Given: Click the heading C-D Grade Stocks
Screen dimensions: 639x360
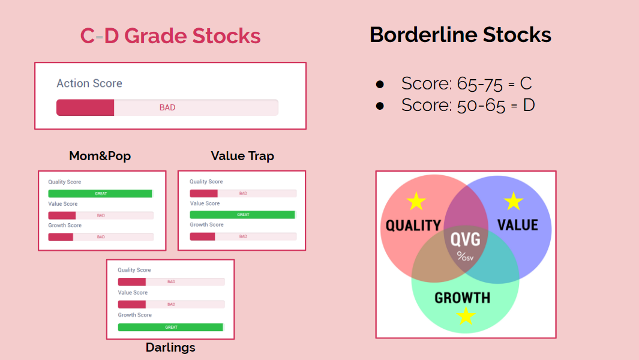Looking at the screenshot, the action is (170, 36).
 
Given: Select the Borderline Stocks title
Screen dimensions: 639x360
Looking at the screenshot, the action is (461, 35).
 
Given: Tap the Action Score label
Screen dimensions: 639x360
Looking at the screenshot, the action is (89, 83).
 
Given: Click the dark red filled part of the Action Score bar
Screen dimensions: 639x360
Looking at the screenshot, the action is (85, 107).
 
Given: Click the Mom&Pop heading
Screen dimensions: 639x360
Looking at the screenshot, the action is (100, 156).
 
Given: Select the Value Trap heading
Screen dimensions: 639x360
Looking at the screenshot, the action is (242, 156).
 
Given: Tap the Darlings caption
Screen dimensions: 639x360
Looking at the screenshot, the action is (170, 347).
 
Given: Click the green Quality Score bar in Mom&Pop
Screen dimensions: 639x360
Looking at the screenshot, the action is (100, 194).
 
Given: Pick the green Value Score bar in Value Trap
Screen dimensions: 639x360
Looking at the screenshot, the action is (242, 214).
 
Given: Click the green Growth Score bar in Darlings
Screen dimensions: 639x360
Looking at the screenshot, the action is (171, 327).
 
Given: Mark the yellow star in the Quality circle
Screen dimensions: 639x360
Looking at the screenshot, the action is (416, 202).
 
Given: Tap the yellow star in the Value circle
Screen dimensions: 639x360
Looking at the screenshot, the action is (514, 202).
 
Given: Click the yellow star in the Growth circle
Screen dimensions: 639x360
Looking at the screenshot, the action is (466, 316).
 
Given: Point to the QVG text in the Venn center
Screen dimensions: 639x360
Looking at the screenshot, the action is (466, 239).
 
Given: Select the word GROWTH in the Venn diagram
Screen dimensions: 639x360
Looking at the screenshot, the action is (463, 298).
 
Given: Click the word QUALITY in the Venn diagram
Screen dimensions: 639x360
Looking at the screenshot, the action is (413, 226).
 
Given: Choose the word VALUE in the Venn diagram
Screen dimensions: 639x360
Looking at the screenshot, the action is (518, 225).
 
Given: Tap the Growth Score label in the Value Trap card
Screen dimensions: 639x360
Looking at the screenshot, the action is (206, 224).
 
